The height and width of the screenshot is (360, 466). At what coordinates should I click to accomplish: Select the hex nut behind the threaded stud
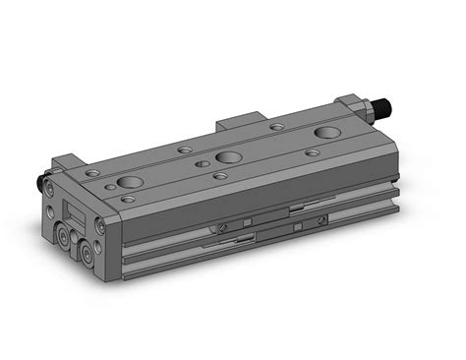pos(366,105)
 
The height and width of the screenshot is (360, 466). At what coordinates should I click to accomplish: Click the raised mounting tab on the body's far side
pos(241,123)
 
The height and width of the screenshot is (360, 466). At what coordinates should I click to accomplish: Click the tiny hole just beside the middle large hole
pos(202,163)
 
